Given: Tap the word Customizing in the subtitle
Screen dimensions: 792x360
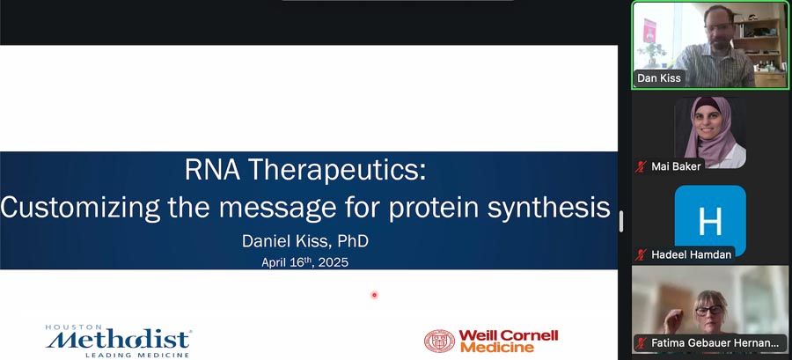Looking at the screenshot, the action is [80, 208].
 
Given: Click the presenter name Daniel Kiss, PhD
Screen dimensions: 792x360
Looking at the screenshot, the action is [305, 241].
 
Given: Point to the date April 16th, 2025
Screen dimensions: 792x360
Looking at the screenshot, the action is [304, 262].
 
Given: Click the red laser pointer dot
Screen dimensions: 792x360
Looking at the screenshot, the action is [374, 295].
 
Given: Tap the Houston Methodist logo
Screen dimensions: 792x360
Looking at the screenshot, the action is [118, 341].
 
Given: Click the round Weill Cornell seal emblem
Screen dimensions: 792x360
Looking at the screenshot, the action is [439, 341].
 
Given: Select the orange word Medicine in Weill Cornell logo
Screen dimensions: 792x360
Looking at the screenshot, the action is [497, 348].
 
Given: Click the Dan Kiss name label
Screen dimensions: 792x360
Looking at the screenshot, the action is [658, 78].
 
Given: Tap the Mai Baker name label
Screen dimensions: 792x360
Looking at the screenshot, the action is [676, 166].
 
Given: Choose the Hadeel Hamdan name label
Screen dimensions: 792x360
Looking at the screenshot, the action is [691, 254].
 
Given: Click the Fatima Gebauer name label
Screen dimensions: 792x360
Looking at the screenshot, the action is [715, 342].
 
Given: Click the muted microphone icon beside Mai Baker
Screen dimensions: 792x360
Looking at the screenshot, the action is [641, 166].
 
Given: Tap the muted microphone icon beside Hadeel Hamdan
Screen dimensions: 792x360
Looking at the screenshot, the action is [641, 254].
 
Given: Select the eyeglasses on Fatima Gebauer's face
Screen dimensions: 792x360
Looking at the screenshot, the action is [708, 310].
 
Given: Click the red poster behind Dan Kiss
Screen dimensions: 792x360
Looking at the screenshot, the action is [649, 30].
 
